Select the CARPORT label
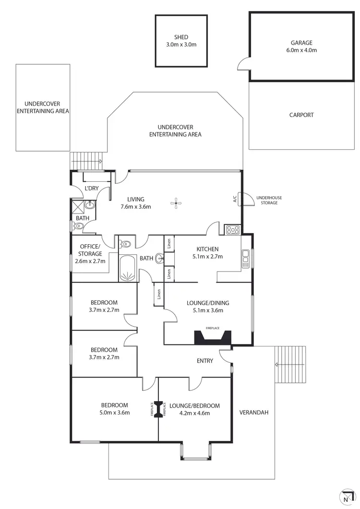point(301,115)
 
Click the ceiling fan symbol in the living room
point(176,203)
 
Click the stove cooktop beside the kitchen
point(232,230)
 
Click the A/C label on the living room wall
point(235,199)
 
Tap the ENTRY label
point(205,361)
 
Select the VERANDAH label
point(254,412)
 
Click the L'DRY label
point(91,189)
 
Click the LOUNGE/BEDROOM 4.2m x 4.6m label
point(194,409)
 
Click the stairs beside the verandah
point(290,364)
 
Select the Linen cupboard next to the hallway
point(157,295)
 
